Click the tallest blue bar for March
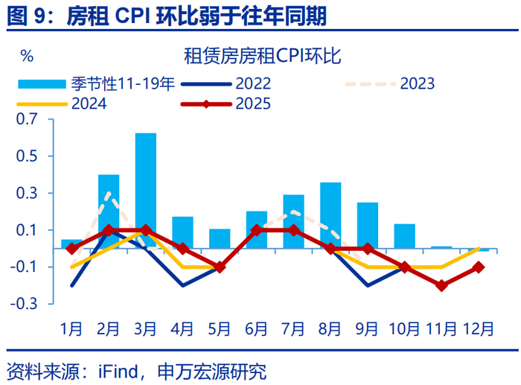tap(146, 190)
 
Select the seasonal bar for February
tap(109, 211)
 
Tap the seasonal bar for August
tap(330, 215)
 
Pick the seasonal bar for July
tap(293, 221)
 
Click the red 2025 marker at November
tap(442, 285)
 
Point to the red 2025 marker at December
tap(479, 267)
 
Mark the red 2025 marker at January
tap(72, 249)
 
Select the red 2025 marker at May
tap(220, 267)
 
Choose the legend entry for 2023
tap(417, 83)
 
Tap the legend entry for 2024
tap(89, 104)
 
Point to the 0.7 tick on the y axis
tap(27, 120)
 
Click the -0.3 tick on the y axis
tap(25, 304)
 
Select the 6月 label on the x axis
tap(257, 328)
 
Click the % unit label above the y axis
tap(27, 56)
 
